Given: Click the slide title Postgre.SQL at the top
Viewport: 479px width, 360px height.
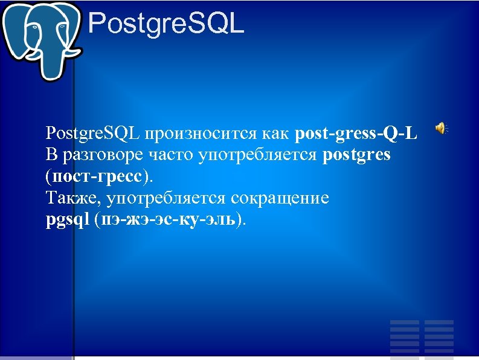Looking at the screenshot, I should [x=166, y=25].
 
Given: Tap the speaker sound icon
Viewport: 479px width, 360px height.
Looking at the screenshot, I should [x=442, y=127].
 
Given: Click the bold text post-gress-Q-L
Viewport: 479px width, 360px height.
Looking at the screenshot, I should [x=356, y=133].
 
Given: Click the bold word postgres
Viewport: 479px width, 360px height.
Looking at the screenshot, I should [x=357, y=155].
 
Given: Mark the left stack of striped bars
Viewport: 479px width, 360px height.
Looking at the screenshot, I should [x=405, y=336].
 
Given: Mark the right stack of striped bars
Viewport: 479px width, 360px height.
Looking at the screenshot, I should [x=439, y=336].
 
